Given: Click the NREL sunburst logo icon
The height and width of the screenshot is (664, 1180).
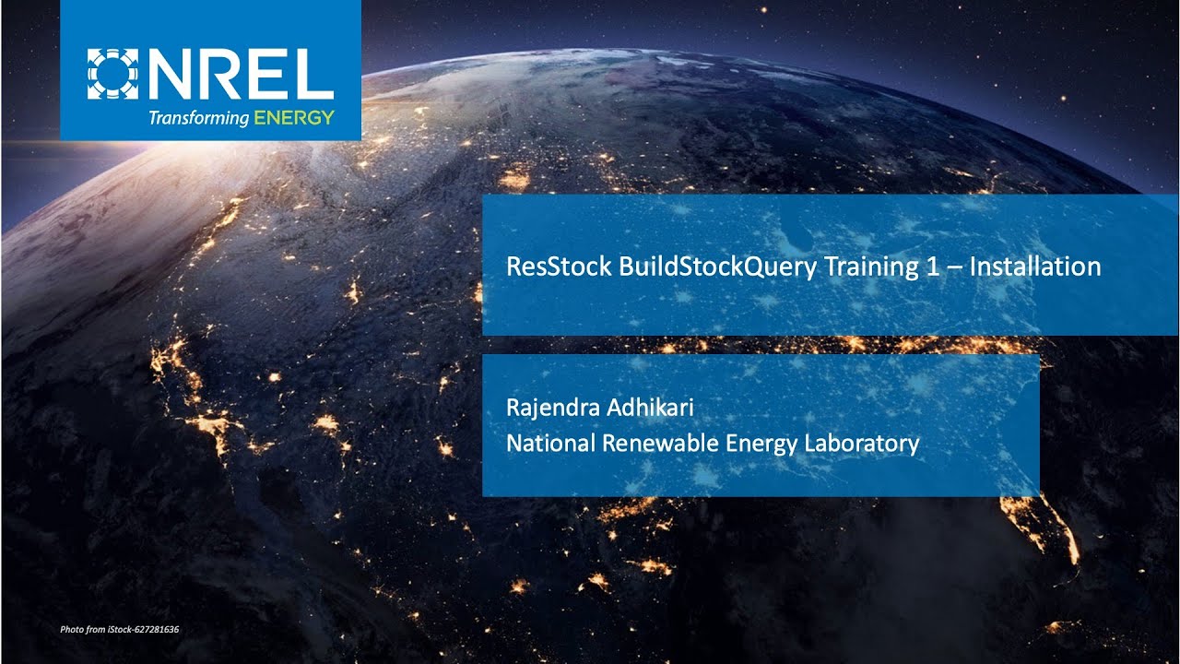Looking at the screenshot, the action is pos(112,75).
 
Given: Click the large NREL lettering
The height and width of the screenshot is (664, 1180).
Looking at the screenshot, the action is pos(242,75).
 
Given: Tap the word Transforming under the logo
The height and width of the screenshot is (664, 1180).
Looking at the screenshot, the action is pos(199,117).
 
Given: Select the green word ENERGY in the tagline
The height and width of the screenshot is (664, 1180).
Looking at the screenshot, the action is pos(294,117).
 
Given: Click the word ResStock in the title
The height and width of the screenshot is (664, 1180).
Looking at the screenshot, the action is pos(559,267).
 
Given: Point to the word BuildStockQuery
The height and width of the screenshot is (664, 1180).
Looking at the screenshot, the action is pos(717,267).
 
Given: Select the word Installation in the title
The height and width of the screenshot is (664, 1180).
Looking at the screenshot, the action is pos(1035,267).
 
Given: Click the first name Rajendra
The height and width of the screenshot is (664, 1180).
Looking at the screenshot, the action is pos(552,408).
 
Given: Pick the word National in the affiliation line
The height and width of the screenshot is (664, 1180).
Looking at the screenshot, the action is pos(550,443).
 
